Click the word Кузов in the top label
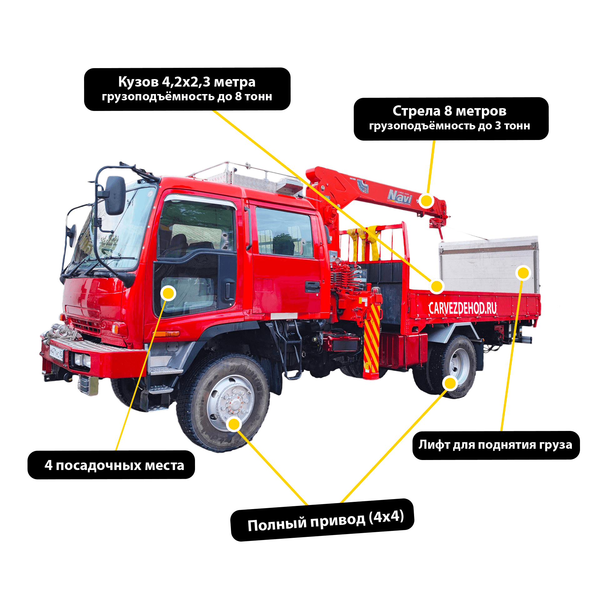click(138, 82)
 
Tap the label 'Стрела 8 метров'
click(449, 111)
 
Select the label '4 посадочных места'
click(114, 465)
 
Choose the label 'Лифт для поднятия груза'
click(495, 445)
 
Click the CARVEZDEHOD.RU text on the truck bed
click(462, 308)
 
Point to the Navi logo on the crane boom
click(400, 196)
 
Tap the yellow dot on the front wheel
click(234, 424)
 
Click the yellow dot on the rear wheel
click(450, 383)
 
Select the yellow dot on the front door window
click(168, 293)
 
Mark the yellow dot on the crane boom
click(426, 200)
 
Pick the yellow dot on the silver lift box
click(523, 273)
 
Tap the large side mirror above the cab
click(115, 195)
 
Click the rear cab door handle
click(312, 287)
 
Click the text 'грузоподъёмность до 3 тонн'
click(449, 126)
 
